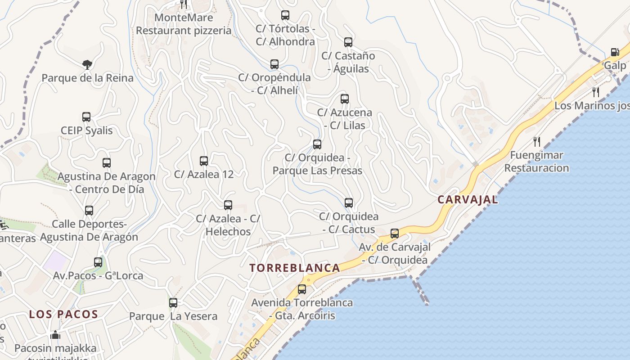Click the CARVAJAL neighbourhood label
(468, 199)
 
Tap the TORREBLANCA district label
(295, 268)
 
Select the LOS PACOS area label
(63, 314)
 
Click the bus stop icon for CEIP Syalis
(86, 117)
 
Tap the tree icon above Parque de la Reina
(87, 65)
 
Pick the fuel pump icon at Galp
(615, 52)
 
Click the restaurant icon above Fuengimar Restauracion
(536, 142)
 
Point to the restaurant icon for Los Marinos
(596, 92)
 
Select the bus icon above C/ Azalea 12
(204, 161)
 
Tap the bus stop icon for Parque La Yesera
(173, 302)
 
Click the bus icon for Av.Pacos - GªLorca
(98, 262)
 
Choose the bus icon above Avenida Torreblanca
(302, 289)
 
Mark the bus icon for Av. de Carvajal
(395, 233)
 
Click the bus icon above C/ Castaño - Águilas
(348, 42)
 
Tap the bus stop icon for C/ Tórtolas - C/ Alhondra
(285, 15)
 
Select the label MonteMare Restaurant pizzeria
(184, 24)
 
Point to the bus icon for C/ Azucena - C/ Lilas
(345, 99)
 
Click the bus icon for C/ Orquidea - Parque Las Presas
(317, 144)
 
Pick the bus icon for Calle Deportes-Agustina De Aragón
(89, 210)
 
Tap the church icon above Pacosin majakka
(55, 335)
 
